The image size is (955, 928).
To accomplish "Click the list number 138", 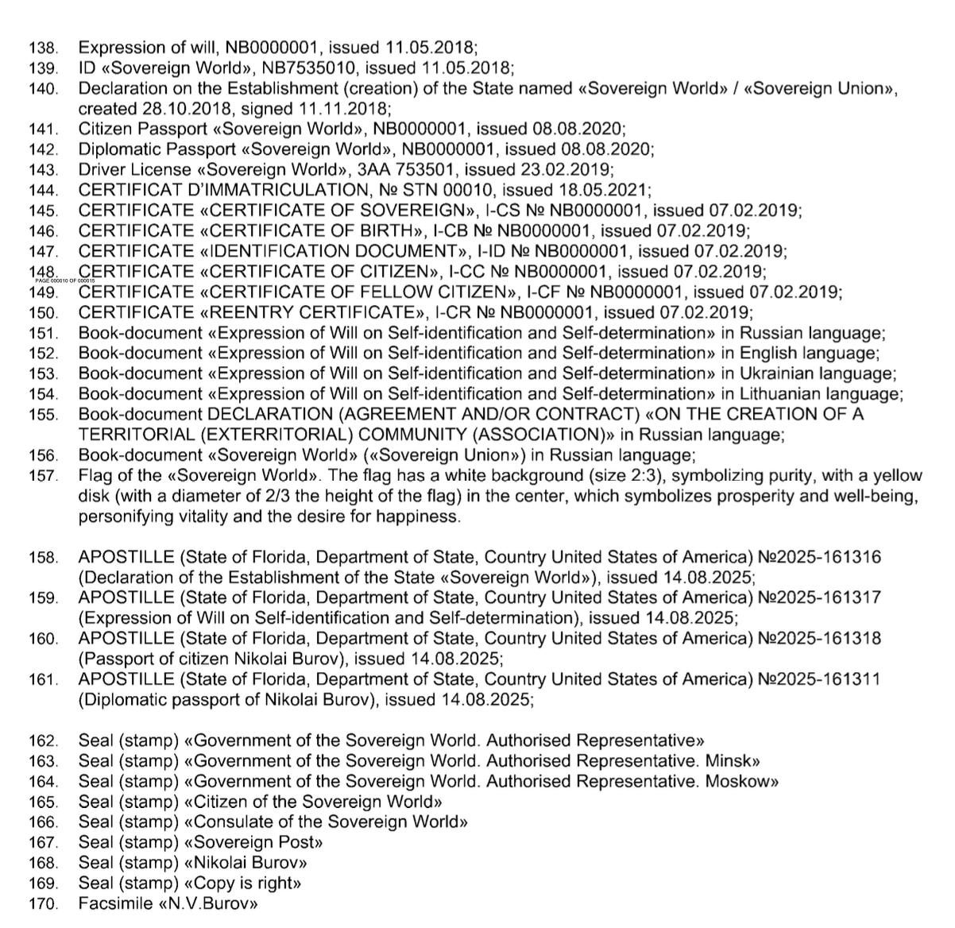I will pyautogui.click(x=43, y=48).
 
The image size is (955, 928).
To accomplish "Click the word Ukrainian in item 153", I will pyautogui.click(x=781, y=373).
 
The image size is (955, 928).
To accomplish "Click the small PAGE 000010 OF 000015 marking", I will pyautogui.click(x=64, y=281).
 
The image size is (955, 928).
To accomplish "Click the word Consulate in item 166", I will pyautogui.click(x=232, y=822).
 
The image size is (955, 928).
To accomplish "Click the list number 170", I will pyautogui.click(x=43, y=903).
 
